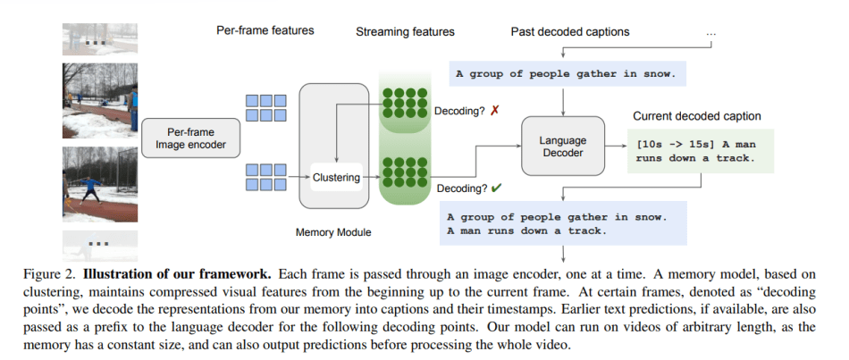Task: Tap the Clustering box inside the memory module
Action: coord(336,178)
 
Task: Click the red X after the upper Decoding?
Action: coord(494,111)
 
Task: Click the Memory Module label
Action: coord(333,232)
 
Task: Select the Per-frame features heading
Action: coord(265,30)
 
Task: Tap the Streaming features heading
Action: coord(405,32)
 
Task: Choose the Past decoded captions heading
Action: coord(570,32)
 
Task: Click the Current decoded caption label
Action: coord(696,116)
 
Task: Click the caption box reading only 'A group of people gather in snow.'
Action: coord(567,74)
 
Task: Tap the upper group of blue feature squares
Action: coord(266,108)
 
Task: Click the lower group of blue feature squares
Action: coord(266,176)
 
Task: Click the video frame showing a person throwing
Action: coord(100,186)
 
